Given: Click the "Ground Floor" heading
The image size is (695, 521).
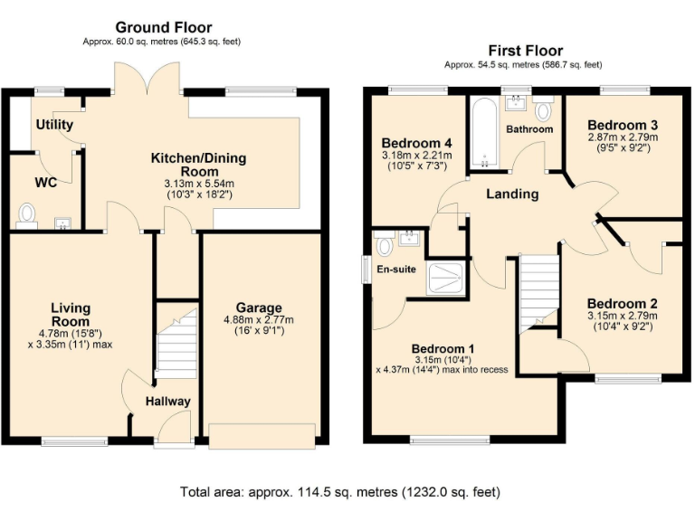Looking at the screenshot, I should [164, 27].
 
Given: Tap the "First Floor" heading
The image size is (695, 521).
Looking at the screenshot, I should [525, 51].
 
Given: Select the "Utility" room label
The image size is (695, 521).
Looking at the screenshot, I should [55, 125].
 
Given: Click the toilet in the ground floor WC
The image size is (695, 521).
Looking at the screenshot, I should [27, 214].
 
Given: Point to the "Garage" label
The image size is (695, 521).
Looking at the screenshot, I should [259, 308].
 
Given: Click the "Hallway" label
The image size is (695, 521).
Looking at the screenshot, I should [167, 401].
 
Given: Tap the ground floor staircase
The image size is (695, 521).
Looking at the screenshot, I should [176, 344].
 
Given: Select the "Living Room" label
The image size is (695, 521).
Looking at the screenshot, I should [70, 315].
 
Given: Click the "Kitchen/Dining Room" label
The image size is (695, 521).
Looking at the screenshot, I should [197, 165].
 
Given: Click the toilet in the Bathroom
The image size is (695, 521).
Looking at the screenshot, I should [543, 111].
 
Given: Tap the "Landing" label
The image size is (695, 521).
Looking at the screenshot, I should [512, 194].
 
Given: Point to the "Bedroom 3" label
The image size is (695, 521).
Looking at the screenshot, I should [622, 125].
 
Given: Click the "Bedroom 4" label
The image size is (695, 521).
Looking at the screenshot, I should [416, 144].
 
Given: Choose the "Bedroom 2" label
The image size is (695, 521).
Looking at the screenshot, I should [621, 304].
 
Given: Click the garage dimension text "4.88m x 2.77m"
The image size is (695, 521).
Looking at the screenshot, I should [259, 320].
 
